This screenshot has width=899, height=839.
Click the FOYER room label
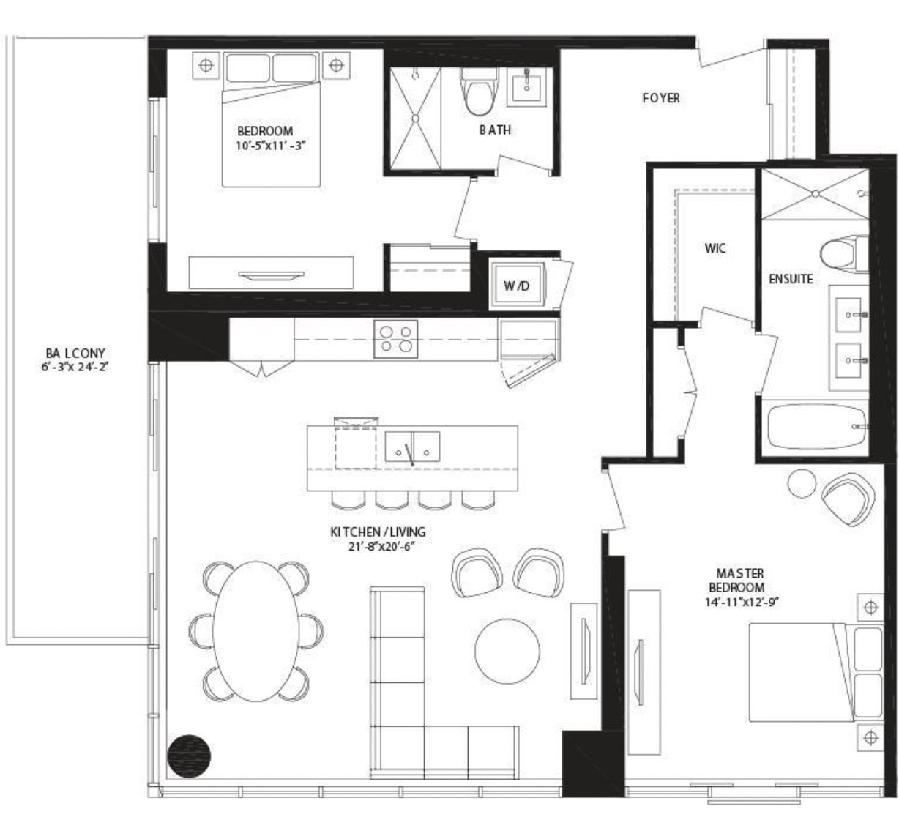coord(661,98)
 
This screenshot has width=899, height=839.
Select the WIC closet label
coord(715,248)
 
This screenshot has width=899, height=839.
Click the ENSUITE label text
coord(791,279)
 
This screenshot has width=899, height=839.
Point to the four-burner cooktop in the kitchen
coord(395,339)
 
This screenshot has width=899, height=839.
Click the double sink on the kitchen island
coord(412,447)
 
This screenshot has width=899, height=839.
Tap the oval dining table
coord(255,631)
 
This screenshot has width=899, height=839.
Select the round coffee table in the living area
coord(507,651)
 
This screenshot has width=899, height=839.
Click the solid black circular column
coord(189,756)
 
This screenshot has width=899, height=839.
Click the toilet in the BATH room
coord(479,91)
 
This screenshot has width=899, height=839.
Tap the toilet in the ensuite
coord(844,253)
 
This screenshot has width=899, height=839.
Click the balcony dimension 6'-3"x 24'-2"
coord(75,366)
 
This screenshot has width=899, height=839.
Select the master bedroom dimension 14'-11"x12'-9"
coord(742,603)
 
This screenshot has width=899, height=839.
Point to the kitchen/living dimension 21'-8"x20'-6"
coord(381,546)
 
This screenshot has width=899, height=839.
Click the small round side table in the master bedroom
coord(802,484)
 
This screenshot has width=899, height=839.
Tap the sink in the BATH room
coord(526,86)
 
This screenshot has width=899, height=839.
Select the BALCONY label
coord(75,353)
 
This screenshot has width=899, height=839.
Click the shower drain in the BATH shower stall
coord(415,118)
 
